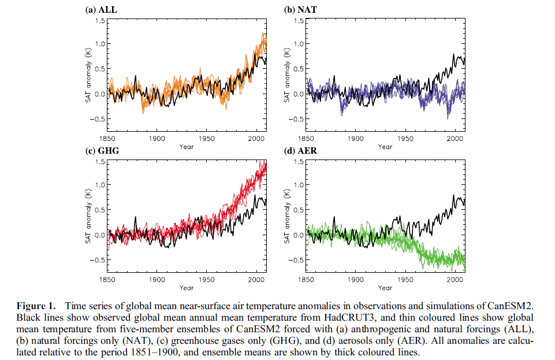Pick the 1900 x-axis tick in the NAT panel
355,139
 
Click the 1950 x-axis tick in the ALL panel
206,139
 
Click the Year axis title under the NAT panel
385,147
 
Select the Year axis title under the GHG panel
186,288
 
